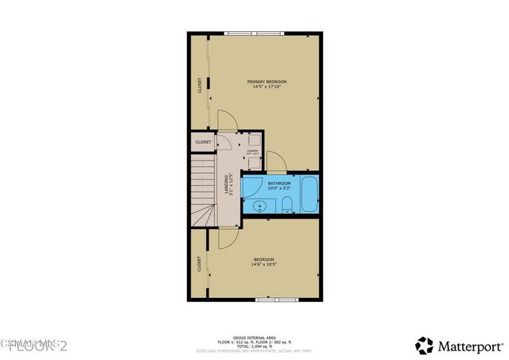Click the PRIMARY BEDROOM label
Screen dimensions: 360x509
pos(266,82)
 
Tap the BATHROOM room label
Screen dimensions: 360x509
pos(278,184)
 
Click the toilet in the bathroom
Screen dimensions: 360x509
pos(286,207)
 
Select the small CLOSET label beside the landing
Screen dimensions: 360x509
pos(203,143)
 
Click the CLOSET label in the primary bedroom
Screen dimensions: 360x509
pos(199,84)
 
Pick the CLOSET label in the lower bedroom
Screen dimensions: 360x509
pos(199,262)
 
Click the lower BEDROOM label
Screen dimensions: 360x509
pos(264,260)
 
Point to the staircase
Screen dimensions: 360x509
pos(202,191)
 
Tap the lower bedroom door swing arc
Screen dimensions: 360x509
pos(226,236)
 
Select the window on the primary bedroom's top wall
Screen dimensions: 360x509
pos(254,33)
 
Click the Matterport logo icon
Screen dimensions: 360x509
pos(425,346)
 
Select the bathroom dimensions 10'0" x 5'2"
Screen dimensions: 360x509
pos(278,189)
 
